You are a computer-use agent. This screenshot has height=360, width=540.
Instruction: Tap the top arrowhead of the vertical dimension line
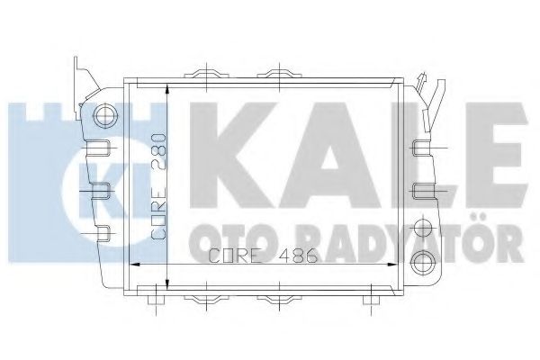(x=166, y=88)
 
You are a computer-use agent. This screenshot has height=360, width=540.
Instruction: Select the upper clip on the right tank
(x=422, y=148)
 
